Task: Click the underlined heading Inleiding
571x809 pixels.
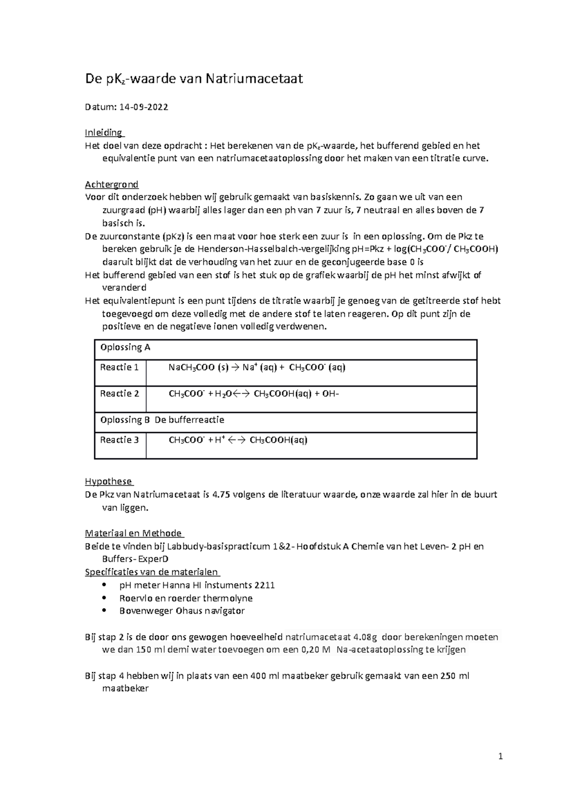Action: (103, 132)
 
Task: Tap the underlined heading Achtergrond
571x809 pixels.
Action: (111, 184)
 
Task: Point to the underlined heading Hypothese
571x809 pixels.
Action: (108, 481)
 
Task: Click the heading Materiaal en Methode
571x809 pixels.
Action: (134, 533)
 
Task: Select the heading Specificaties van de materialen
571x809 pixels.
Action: (151, 572)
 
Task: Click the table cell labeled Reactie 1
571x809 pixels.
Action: (119, 367)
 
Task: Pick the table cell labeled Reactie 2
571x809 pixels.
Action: (119, 394)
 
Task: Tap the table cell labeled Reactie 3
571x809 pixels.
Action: (119, 440)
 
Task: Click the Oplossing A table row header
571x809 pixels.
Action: (125, 347)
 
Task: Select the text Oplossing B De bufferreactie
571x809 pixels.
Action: (162, 420)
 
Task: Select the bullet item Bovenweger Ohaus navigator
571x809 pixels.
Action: (182, 611)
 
